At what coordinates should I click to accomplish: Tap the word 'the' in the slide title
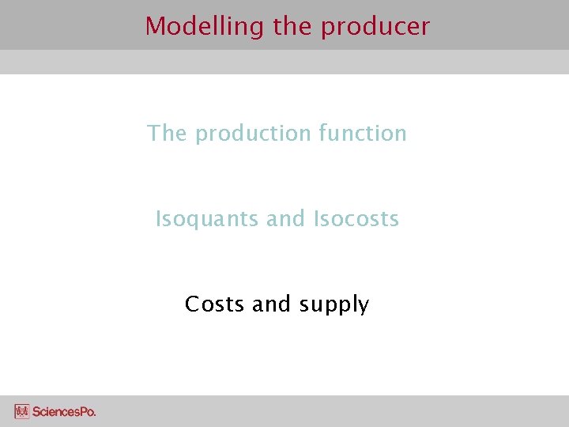[292, 26]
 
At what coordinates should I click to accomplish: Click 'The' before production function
[167, 133]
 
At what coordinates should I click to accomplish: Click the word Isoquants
[207, 219]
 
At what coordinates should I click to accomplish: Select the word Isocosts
[356, 218]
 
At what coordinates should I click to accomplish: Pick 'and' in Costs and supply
[272, 304]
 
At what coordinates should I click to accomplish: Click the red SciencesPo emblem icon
[22, 411]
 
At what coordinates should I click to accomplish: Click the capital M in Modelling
[154, 26]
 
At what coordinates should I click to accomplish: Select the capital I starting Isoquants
[158, 218]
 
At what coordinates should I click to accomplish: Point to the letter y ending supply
[363, 307]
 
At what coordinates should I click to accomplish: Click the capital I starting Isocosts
[316, 218]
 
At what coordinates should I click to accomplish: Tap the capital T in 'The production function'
[154, 133]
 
